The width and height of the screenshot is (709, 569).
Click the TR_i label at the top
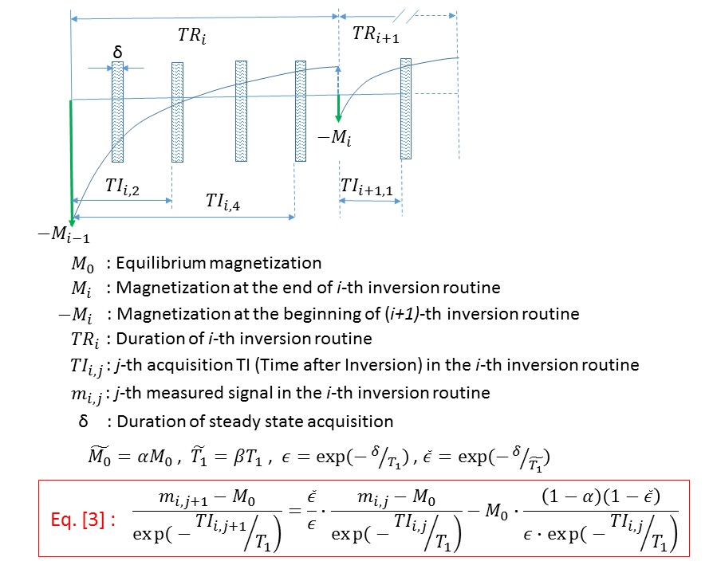tap(191, 37)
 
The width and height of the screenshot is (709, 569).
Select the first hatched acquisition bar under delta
tap(117, 112)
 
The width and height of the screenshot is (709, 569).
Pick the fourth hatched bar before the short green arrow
tap(301, 112)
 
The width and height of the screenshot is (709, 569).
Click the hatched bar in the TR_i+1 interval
tap(406, 108)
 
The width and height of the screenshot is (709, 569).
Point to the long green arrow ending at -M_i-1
tap(71, 159)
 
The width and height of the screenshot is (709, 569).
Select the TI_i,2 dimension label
tap(122, 186)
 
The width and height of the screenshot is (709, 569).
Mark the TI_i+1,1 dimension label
tap(370, 186)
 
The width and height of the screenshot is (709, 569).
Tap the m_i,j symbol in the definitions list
tap(86, 393)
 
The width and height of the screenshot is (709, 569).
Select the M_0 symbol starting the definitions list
tap(85, 264)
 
